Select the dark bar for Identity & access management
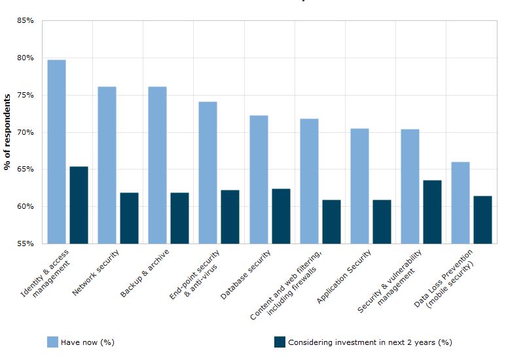click(79, 205)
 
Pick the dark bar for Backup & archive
click(179, 218)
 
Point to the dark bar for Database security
click(281, 216)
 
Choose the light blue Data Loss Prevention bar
click(460, 202)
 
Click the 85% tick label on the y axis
click(26, 21)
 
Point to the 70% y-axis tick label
click(26, 132)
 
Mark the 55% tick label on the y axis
click(26, 243)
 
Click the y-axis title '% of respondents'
click(7, 132)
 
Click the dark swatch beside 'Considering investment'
click(280, 342)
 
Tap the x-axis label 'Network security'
click(96, 271)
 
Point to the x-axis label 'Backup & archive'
click(145, 273)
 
